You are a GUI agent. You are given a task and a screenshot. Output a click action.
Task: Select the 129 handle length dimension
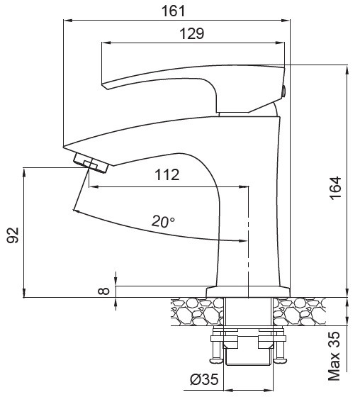pos(191,33)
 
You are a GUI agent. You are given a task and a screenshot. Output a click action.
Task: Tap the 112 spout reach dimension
pos(166,175)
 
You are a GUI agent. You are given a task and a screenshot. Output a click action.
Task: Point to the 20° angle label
pos(163,221)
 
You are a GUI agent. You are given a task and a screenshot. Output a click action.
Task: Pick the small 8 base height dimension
pos(105,290)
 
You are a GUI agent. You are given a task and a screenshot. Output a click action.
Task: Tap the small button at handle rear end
pos(284,90)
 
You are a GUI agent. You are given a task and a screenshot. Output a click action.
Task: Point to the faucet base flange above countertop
pos(248,291)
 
